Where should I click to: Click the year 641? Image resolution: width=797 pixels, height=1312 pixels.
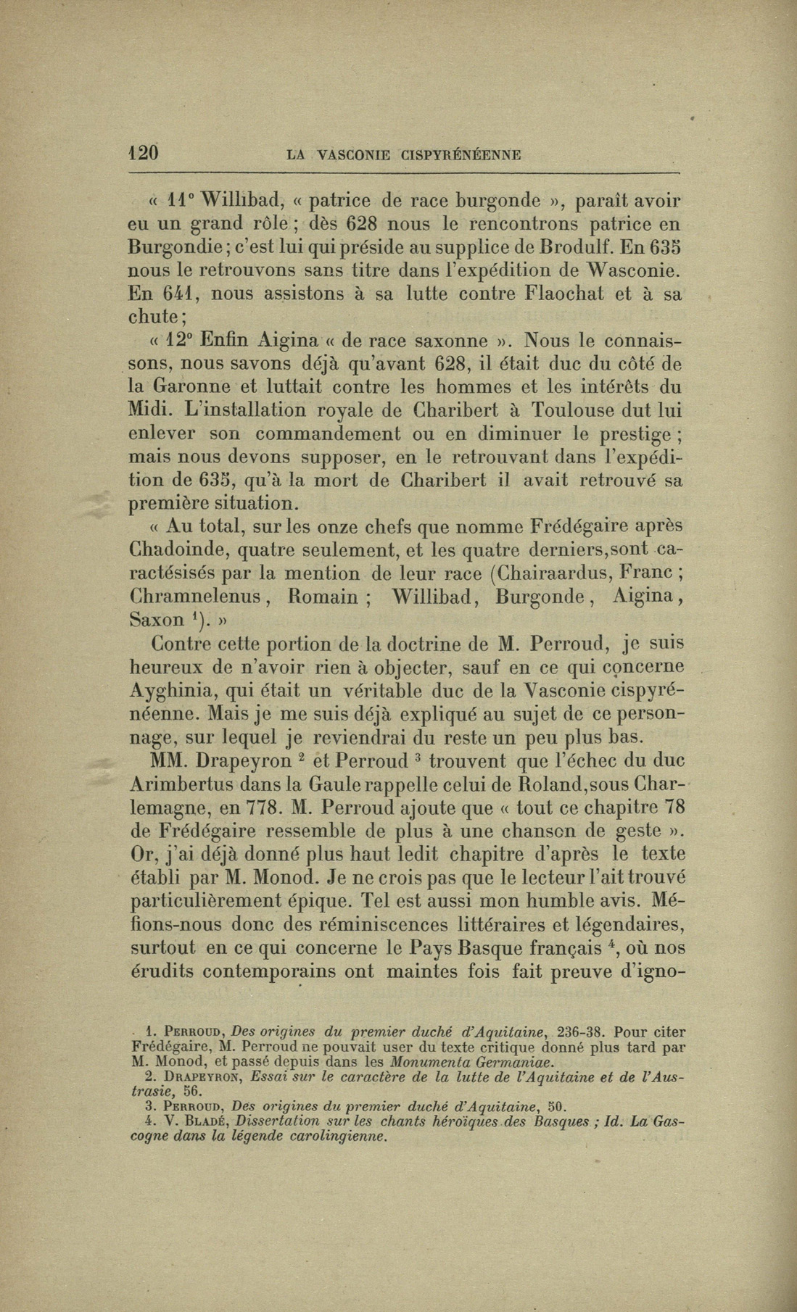coord(175,294)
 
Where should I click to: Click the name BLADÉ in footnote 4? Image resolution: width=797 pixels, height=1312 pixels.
coord(202,1121)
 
